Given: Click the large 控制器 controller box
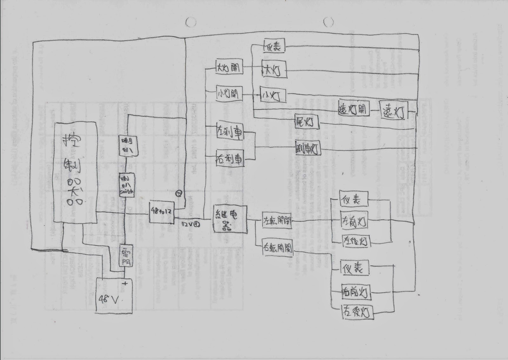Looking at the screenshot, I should (x=75, y=172).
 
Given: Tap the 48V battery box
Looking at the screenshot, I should (x=114, y=295).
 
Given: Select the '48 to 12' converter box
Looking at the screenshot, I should (x=162, y=212).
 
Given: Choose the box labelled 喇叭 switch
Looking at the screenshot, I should (x=127, y=185).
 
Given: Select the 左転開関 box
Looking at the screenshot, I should (x=277, y=221).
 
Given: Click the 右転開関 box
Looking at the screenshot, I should (x=277, y=248).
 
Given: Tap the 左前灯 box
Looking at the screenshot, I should (x=354, y=221).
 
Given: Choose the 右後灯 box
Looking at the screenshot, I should (x=357, y=312).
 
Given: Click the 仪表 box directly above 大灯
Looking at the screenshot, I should (x=273, y=46).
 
